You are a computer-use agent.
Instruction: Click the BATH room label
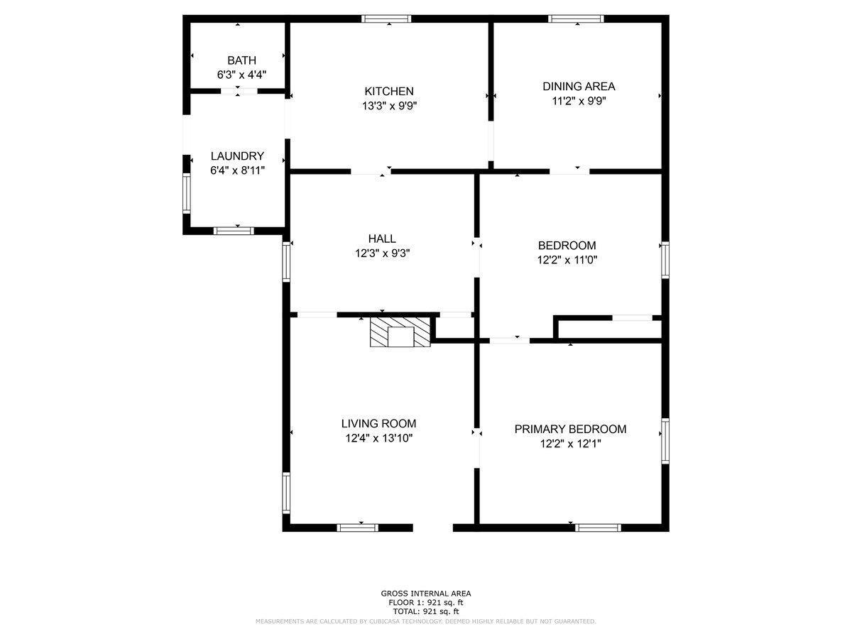point(241,60)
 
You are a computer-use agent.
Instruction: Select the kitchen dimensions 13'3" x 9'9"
point(388,106)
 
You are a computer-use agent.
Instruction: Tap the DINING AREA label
point(579,86)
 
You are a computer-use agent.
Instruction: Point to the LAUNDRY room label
point(237,155)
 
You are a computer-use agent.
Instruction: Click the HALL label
point(382,239)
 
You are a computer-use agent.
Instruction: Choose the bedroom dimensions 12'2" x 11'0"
point(567,260)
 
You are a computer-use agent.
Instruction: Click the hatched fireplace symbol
point(400,332)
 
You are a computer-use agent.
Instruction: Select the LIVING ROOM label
point(378,423)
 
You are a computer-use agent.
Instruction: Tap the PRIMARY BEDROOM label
point(570,429)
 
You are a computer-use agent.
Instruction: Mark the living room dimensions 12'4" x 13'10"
point(378,438)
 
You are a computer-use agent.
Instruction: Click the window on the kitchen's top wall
point(386,19)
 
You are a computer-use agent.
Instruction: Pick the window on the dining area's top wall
point(576,19)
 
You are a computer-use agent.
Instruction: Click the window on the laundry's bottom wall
point(234,230)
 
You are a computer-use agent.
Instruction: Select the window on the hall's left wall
point(286,261)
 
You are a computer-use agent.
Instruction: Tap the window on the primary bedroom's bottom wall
point(597,528)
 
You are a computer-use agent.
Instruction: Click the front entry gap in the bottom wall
point(432,528)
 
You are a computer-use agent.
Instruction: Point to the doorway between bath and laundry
point(239,91)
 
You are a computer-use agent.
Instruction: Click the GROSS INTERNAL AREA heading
point(425,594)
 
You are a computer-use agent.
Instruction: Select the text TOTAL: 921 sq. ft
point(425,611)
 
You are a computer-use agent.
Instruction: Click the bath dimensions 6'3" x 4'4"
point(241,75)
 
